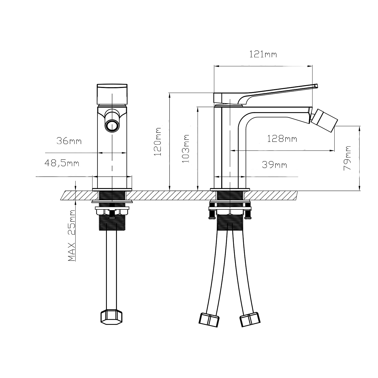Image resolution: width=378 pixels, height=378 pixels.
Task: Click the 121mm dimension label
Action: (x=263, y=54)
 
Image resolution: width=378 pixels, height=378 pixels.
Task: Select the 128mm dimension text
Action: (x=282, y=139)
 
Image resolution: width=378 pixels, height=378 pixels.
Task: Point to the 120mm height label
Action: (x=158, y=142)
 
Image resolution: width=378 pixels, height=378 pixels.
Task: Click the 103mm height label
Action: (x=186, y=148)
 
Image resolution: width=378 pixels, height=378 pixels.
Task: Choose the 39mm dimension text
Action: (x=274, y=165)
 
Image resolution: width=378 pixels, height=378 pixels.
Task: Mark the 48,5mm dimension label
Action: (x=62, y=163)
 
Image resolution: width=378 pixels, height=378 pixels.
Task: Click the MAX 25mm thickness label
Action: (x=72, y=235)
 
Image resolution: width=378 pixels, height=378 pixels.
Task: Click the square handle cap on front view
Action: (x=112, y=94)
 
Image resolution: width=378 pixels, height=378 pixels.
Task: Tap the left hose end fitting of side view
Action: (x=209, y=320)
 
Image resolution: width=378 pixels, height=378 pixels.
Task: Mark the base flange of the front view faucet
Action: (x=112, y=189)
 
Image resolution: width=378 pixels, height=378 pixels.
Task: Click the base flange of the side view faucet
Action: (x=230, y=189)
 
